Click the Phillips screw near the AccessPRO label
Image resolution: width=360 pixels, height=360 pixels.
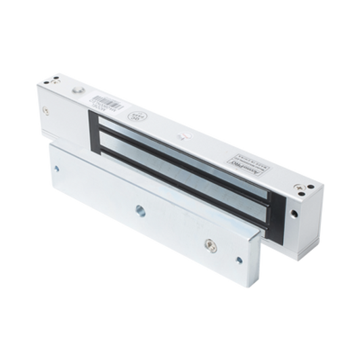tap(292, 181)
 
